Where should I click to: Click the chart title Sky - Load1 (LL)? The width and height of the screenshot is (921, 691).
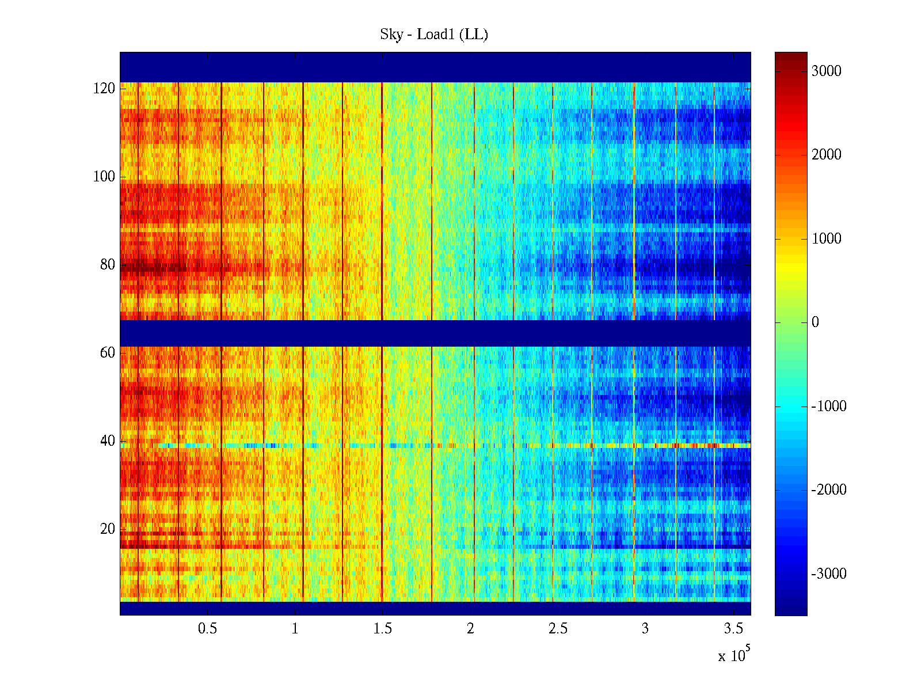[x=434, y=35]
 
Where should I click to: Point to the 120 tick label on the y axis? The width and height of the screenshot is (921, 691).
[x=104, y=89]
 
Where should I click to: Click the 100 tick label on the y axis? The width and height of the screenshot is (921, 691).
[x=104, y=177]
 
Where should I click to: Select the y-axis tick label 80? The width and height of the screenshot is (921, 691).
[x=107, y=265]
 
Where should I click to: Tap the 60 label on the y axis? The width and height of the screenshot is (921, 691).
[x=107, y=353]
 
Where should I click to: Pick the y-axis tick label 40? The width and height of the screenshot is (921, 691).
[x=107, y=441]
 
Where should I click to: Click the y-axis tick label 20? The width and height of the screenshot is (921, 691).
[x=107, y=529]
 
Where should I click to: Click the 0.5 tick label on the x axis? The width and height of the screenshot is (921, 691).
[x=207, y=629]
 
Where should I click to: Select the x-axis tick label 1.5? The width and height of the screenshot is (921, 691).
[x=382, y=629]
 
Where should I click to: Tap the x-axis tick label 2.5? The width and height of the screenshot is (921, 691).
[x=558, y=629]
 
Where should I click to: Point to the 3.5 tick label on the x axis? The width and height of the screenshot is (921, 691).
[x=733, y=629]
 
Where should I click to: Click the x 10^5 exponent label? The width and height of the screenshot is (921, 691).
[x=734, y=655]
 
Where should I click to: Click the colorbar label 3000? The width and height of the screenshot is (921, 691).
[x=826, y=71]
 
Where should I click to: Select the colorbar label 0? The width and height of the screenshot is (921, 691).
[x=815, y=322]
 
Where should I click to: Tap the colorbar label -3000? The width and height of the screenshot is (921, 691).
[x=828, y=574]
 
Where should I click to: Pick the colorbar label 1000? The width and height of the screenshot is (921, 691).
[x=826, y=239]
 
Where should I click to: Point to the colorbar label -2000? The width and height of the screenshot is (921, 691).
[x=828, y=490]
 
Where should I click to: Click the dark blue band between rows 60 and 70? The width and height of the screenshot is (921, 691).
[x=435, y=333]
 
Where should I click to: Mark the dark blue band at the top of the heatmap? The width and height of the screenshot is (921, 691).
[x=435, y=67]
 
